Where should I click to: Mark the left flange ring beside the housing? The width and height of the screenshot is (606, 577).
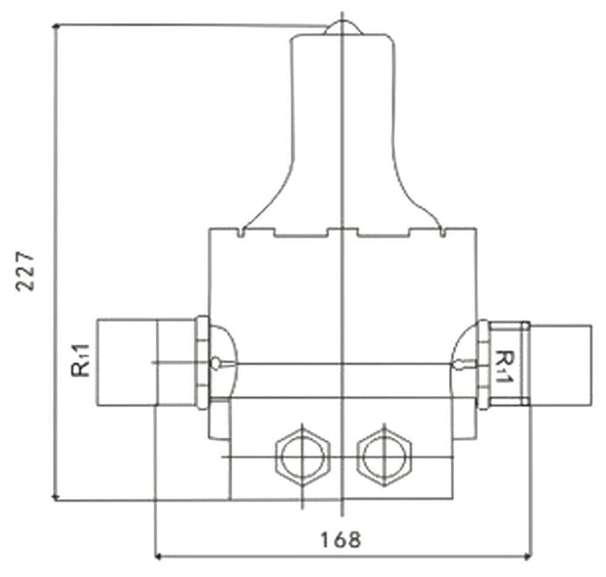[x=203, y=362]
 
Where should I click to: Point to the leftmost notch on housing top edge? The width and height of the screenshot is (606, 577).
[x=242, y=232]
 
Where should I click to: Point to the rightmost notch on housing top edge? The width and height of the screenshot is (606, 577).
[x=443, y=232]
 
